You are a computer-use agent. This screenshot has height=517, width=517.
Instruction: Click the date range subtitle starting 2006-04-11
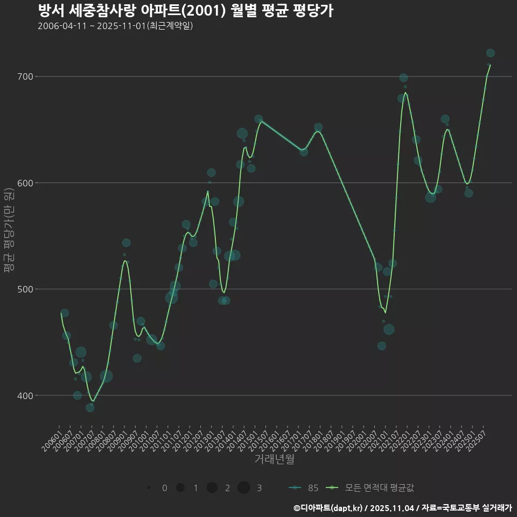(x=115, y=26)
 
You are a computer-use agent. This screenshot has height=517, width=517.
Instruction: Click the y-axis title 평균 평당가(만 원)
(x=9, y=232)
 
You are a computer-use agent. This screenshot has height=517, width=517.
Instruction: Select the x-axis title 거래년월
(x=274, y=459)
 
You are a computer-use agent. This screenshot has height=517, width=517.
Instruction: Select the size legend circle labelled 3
(x=243, y=488)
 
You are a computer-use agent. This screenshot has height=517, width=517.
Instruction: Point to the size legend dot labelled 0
(x=148, y=488)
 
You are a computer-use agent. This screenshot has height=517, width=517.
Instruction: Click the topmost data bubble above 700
(x=490, y=53)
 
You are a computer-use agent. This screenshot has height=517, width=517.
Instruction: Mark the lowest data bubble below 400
(x=90, y=408)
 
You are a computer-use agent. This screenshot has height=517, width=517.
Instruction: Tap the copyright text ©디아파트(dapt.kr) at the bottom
(x=329, y=508)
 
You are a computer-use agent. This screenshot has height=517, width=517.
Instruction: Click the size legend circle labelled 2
(x=212, y=488)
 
